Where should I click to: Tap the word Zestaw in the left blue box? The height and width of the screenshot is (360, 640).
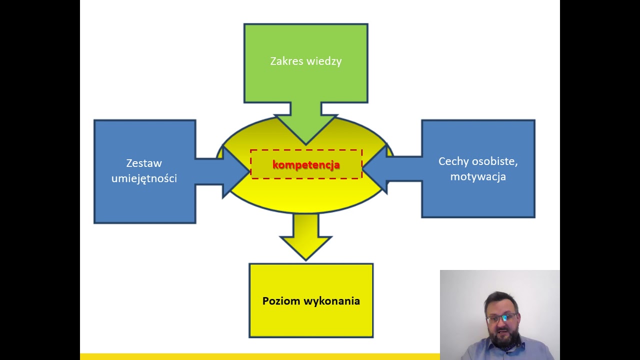(x=144, y=163)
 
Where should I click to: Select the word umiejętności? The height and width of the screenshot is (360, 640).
(x=144, y=178)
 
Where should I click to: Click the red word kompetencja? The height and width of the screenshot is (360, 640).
(x=306, y=164)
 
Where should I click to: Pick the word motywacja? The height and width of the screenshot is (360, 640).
(x=478, y=176)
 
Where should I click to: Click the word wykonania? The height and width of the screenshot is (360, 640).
(x=330, y=301)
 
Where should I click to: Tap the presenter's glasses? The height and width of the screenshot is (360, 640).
(x=501, y=318)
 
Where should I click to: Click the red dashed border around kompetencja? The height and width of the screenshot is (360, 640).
(x=306, y=149)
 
